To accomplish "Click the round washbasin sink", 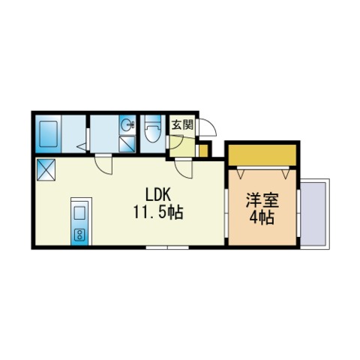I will point(127,125).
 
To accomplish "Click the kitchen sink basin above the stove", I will point(79,212).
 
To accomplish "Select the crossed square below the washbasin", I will point(127,144).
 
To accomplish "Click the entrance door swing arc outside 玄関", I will point(207,129).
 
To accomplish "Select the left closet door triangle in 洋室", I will point(241,172).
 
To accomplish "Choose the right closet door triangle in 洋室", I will point(285,172).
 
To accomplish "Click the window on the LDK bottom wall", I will point(166,247).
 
